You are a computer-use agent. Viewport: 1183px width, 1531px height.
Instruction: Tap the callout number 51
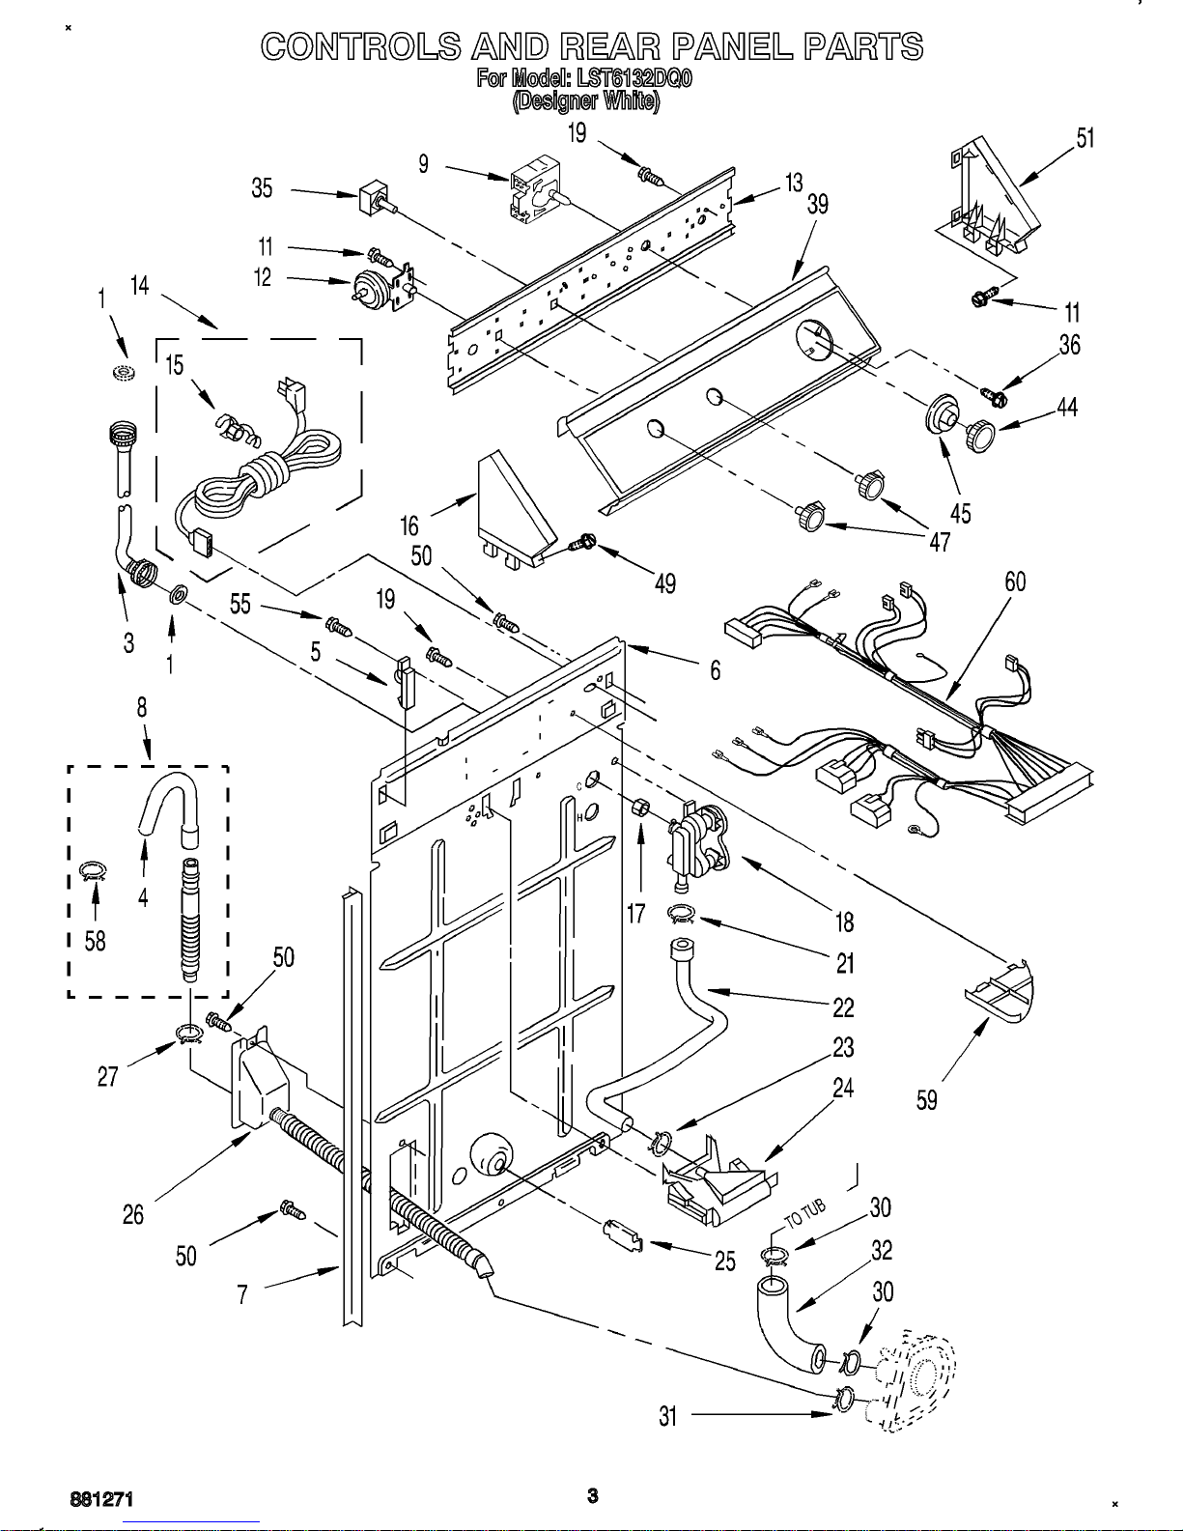pos(1085,138)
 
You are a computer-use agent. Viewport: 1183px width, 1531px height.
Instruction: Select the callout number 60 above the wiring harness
pos(1015,581)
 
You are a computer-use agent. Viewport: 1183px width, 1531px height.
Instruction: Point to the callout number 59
pos(927,1100)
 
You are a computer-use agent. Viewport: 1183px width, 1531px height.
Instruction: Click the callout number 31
pos(667,1416)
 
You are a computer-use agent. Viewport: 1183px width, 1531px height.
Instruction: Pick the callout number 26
pos(133,1214)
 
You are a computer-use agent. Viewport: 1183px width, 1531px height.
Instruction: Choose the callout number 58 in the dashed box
pos(95,941)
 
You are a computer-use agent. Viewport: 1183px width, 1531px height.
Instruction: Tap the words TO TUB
pos(804,1214)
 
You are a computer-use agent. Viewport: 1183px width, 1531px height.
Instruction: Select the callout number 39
pos(818,205)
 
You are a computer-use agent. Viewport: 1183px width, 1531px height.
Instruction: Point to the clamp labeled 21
pos(681,915)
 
